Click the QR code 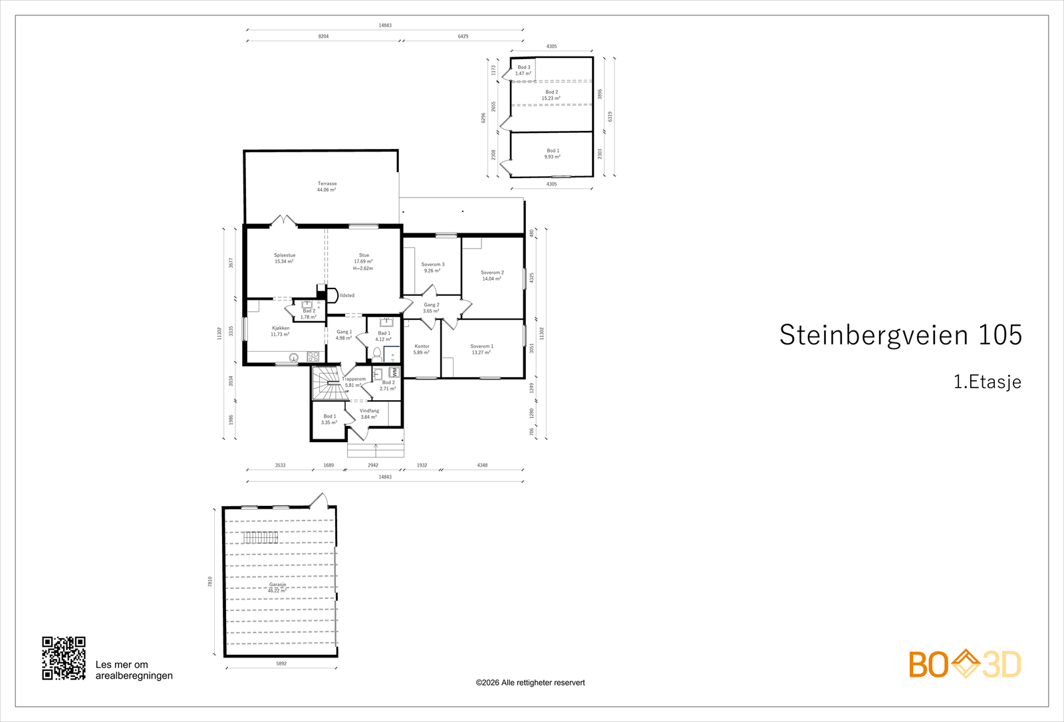[x=64, y=658]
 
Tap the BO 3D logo [x=965, y=664]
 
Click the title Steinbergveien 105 [x=900, y=335]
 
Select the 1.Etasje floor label [x=987, y=382]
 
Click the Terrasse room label [x=327, y=187]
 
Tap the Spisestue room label [x=284, y=258]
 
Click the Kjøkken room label [x=280, y=331]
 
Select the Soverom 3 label [x=433, y=267]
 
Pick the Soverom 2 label [x=492, y=275]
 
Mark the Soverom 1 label [x=481, y=349]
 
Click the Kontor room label [x=422, y=349]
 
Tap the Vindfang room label [x=369, y=414]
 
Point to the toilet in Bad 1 [x=377, y=352]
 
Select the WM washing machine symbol [x=394, y=372]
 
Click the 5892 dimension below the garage [x=281, y=663]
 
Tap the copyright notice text [x=530, y=683]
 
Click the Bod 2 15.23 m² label [x=551, y=95]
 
